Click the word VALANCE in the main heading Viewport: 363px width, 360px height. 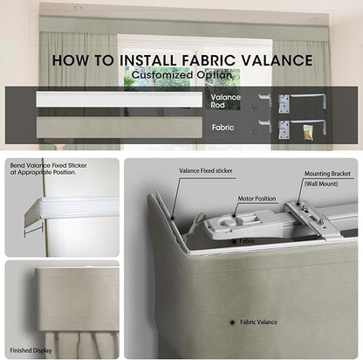coord(277,60)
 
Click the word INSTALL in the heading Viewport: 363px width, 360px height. coord(148,60)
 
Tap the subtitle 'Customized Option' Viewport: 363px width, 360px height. coord(181,74)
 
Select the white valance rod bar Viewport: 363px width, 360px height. coord(120,100)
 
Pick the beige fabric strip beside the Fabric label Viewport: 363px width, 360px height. coord(120,128)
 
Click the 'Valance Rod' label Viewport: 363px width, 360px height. coord(225,101)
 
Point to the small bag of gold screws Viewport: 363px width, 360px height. coord(308,132)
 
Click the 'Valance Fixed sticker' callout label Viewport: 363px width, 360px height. coord(206,171)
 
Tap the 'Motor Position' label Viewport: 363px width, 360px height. coord(257,198)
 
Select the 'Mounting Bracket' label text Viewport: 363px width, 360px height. coord(327,174)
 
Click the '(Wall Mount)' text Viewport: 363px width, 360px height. coord(321,183)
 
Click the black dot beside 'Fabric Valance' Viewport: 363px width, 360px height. coord(232,322)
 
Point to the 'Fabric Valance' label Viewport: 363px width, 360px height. coord(258,322)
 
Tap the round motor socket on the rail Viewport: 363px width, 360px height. coord(229,223)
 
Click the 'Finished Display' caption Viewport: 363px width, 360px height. coord(31,350)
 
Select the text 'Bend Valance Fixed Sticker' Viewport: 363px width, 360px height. coord(48,165)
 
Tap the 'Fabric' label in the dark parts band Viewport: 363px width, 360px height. coord(223,128)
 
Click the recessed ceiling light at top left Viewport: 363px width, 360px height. coord(78,8)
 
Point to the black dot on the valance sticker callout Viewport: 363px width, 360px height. coord(172,218)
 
